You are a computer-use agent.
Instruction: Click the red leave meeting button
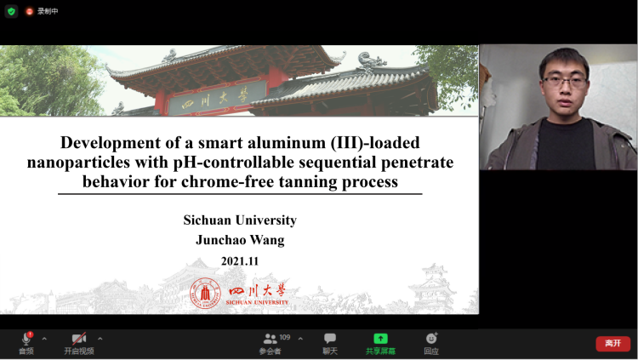pyautogui.click(x=612, y=343)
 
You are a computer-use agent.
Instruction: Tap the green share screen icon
pyautogui.click(x=380, y=339)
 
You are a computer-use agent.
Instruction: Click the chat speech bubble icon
pyautogui.click(x=330, y=338)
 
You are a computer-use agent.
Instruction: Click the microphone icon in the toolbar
pyautogui.click(x=27, y=339)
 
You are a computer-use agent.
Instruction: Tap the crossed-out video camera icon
pyautogui.click(x=79, y=339)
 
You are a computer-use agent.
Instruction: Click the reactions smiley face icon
pyautogui.click(x=431, y=338)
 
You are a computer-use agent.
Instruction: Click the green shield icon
pyautogui.click(x=11, y=11)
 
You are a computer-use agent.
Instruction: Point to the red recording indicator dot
pyautogui.click(x=29, y=11)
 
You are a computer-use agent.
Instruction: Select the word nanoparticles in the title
pyautogui.click(x=78, y=163)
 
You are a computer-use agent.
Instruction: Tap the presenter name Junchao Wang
pyautogui.click(x=240, y=240)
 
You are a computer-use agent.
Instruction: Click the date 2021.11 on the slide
pyautogui.click(x=240, y=261)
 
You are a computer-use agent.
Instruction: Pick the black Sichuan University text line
pyautogui.click(x=240, y=220)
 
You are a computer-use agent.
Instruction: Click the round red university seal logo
pyautogui.click(x=205, y=293)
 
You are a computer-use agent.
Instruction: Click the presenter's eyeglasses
pyautogui.click(x=565, y=82)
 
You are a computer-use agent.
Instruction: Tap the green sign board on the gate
pyautogui.click(x=217, y=98)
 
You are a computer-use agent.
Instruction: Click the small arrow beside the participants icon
pyautogui.click(x=300, y=339)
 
